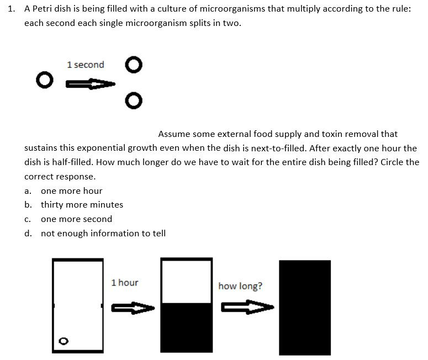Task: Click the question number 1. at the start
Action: click(x=12, y=10)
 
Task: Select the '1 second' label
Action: click(x=85, y=65)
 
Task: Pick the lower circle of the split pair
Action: click(x=131, y=100)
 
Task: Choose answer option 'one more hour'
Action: click(x=71, y=190)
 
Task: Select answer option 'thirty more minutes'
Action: click(x=82, y=205)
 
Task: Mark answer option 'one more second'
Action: click(x=76, y=219)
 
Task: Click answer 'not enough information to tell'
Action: click(x=103, y=234)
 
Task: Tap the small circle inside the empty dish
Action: click(x=64, y=341)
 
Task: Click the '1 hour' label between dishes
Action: click(x=125, y=283)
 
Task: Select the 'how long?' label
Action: click(x=240, y=286)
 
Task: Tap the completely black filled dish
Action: click(x=304, y=306)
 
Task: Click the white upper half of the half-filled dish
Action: click(x=186, y=280)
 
